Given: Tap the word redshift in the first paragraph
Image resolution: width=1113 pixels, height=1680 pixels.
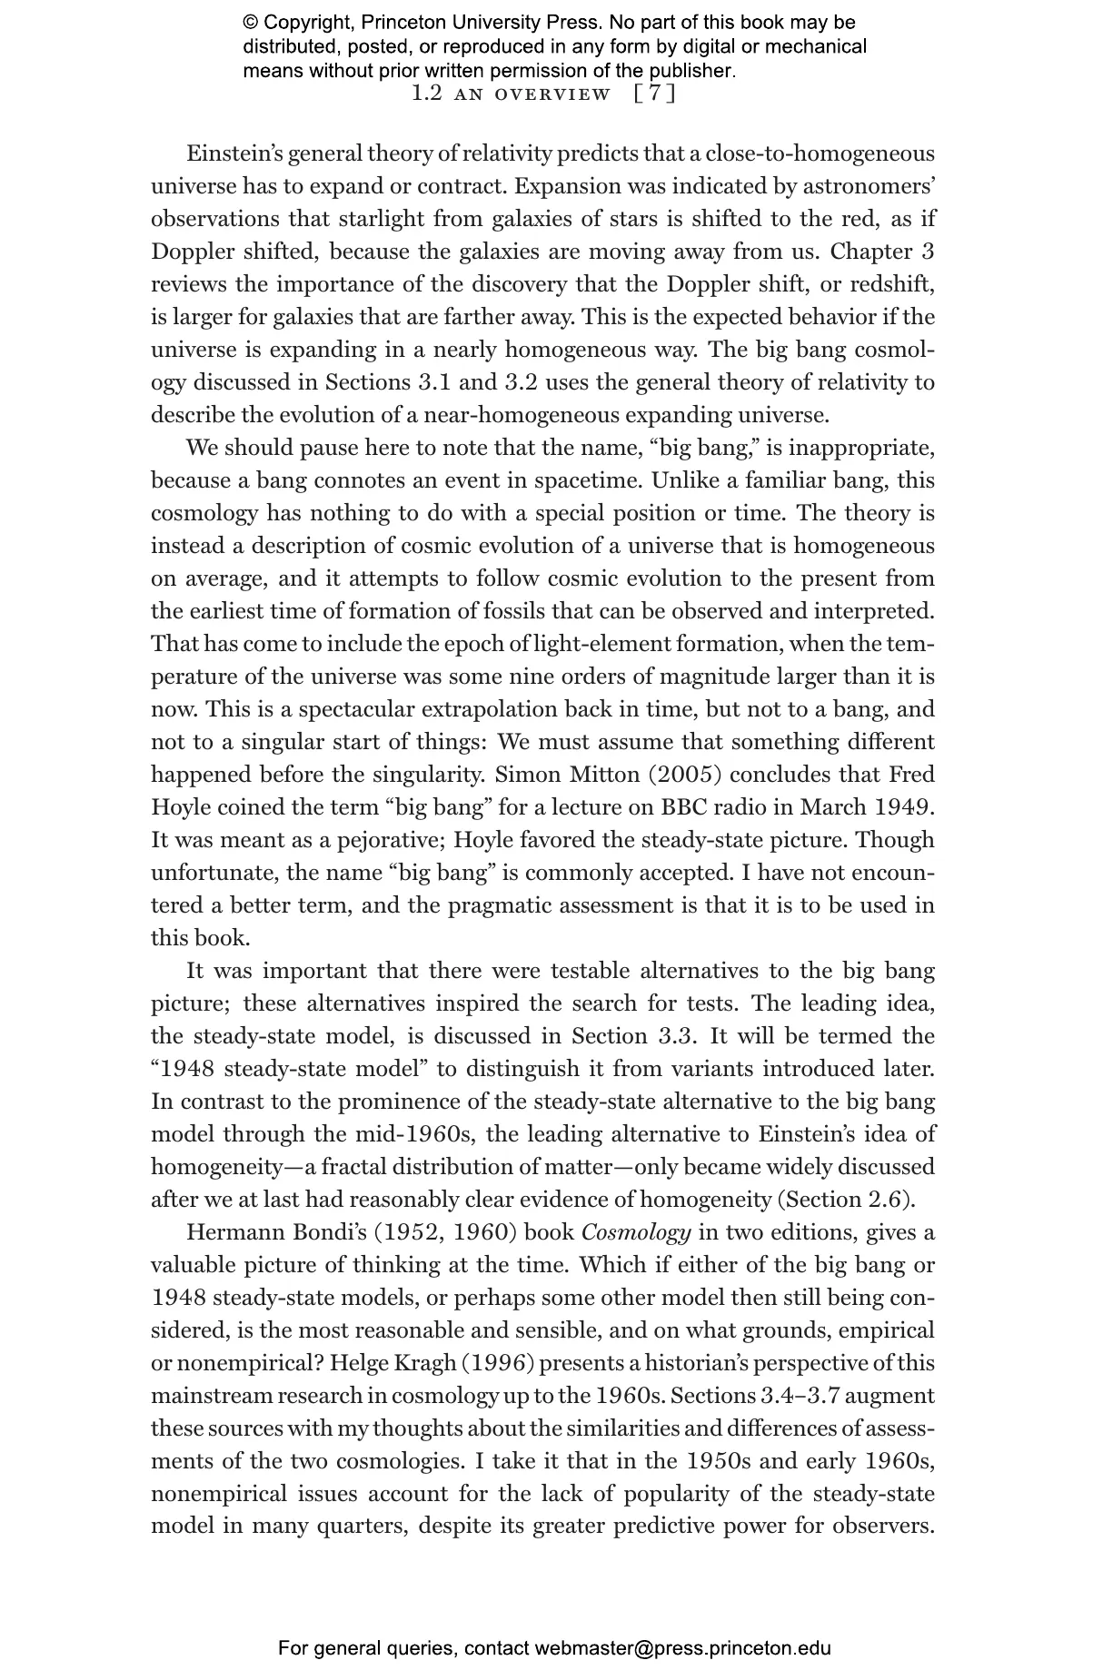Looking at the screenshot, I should tap(891, 284).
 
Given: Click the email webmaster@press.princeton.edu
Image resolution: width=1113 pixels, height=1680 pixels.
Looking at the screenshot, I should tap(682, 1648).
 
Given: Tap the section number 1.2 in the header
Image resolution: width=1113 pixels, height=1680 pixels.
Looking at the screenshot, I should tap(427, 94).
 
